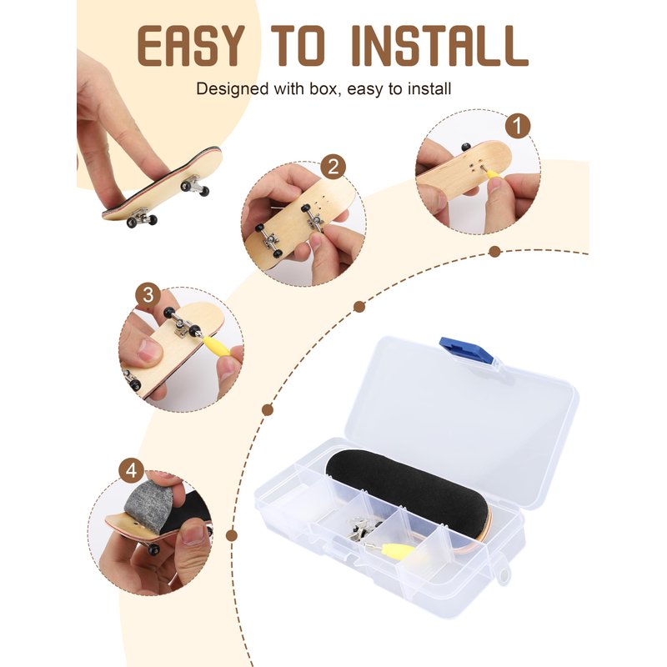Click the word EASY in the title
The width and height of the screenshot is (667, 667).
[191, 46]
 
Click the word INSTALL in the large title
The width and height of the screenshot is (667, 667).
[440, 46]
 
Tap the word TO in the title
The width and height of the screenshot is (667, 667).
[298, 46]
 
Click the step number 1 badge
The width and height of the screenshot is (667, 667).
[517, 126]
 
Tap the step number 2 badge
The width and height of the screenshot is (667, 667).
[333, 167]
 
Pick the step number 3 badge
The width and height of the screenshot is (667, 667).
[148, 295]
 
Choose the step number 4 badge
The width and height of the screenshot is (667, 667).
[132, 471]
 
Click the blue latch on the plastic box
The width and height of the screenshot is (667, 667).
[467, 350]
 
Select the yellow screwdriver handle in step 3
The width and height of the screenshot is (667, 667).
[218, 344]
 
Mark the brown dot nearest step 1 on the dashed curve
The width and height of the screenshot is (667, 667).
[494, 252]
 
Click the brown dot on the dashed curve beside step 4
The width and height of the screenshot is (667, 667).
[232, 535]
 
